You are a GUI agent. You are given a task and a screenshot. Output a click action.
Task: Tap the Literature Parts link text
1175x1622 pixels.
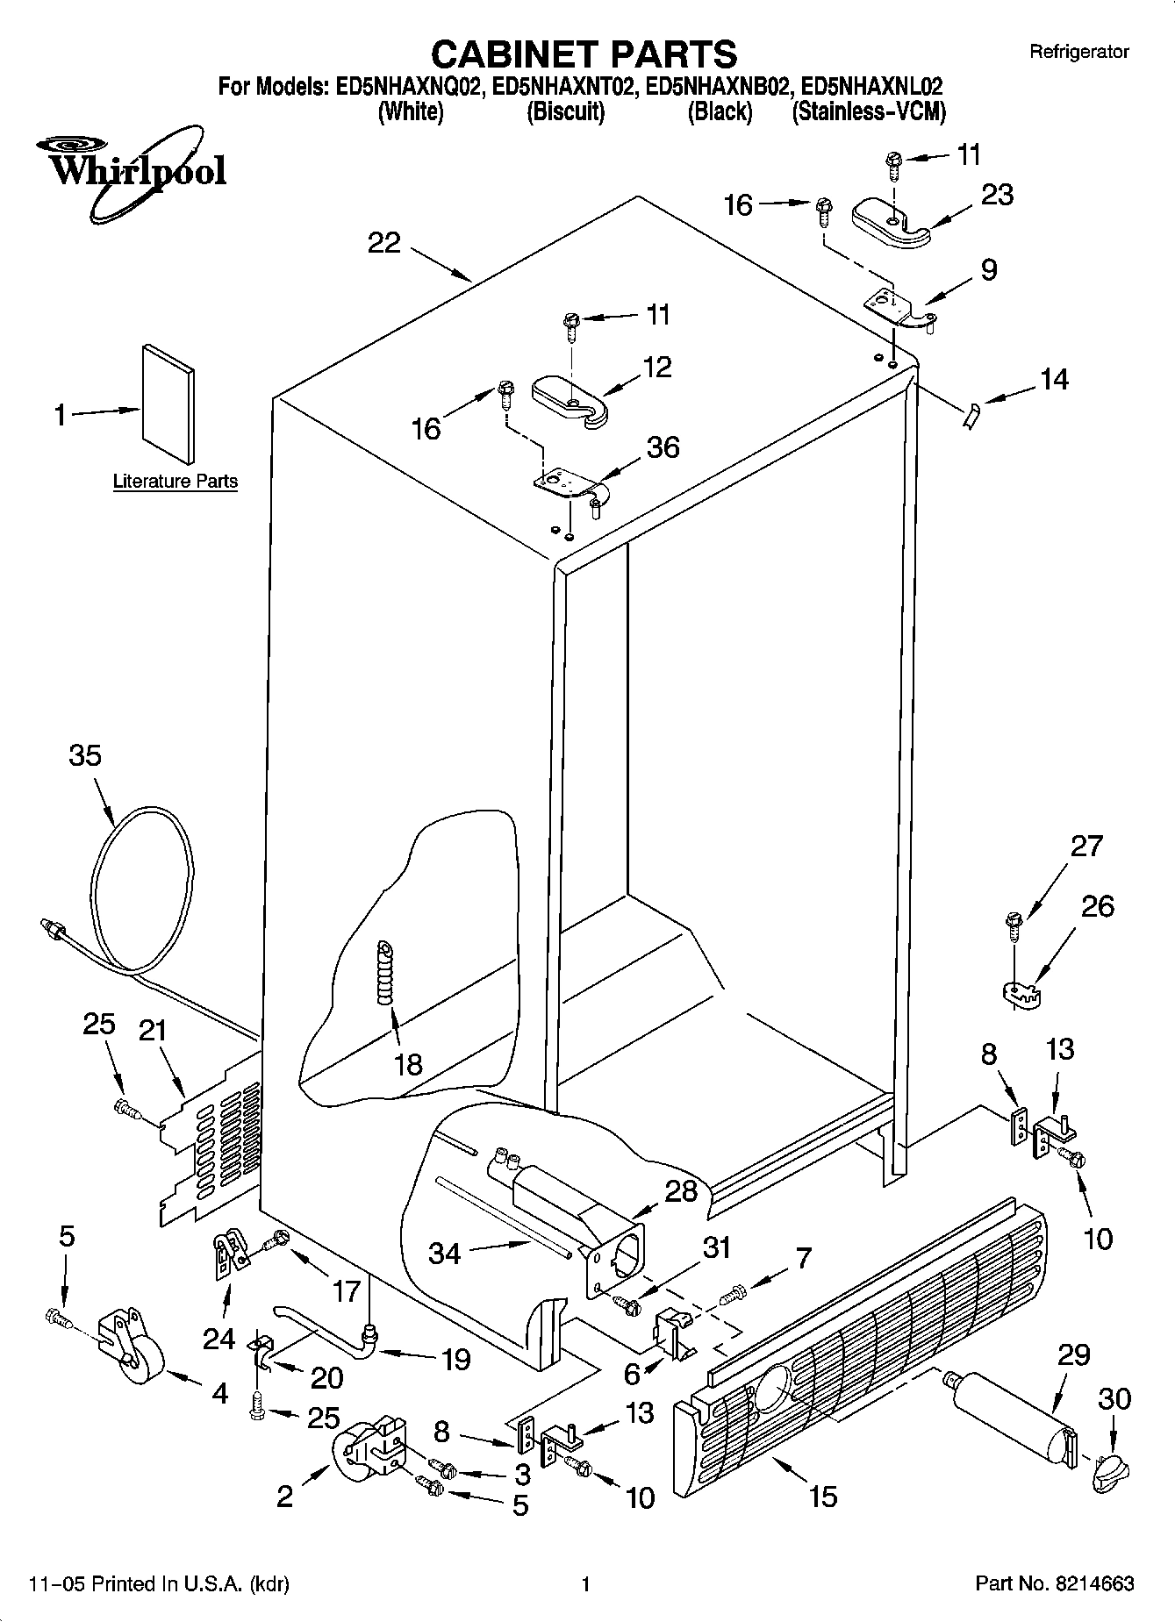point(176,482)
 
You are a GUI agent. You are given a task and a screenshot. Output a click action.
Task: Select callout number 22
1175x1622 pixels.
point(383,243)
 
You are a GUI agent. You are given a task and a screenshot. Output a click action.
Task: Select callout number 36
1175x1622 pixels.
point(663,447)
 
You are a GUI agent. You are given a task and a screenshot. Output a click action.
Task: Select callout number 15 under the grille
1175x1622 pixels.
point(823,1495)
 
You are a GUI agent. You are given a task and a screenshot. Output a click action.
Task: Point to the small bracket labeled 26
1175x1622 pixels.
point(1021,993)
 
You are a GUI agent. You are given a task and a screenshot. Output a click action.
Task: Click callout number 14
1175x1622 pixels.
point(1054,379)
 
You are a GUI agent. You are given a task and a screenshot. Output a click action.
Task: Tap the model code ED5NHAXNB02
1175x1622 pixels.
point(720,87)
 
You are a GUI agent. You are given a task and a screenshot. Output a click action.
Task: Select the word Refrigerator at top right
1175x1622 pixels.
point(1078,53)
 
